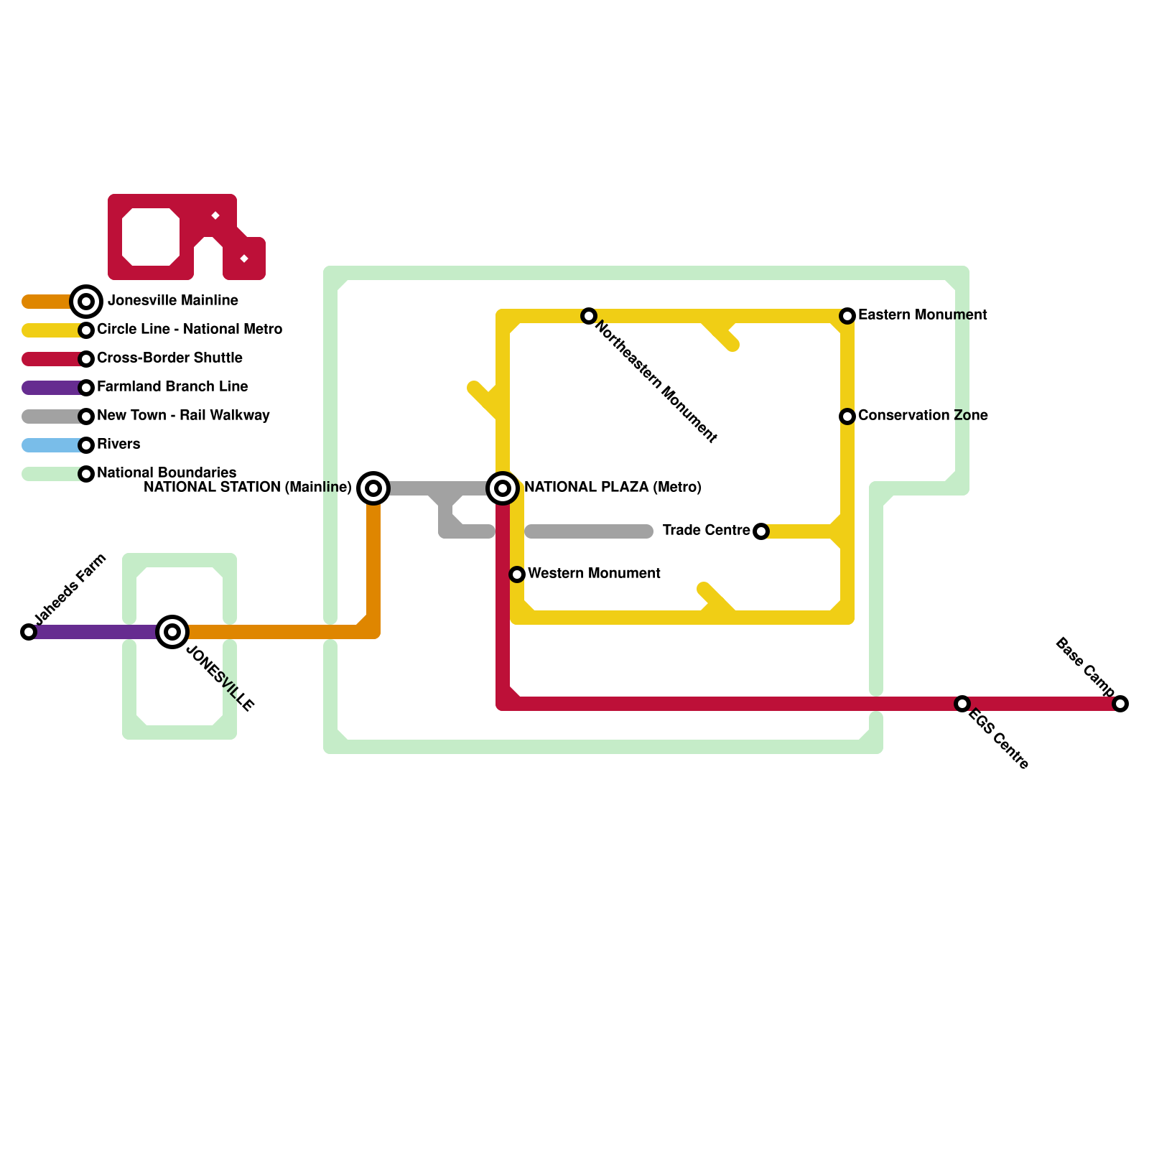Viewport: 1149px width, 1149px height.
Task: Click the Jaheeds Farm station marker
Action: tap(29, 632)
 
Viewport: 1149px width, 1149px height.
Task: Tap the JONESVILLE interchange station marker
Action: tap(172, 632)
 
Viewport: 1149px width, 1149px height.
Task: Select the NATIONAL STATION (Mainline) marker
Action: tap(373, 488)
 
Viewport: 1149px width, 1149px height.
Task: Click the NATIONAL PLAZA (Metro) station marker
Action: tap(503, 488)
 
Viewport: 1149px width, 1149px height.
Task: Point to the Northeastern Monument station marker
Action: tap(589, 316)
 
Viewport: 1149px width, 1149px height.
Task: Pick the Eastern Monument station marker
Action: tap(847, 316)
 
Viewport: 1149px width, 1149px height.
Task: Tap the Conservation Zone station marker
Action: tap(847, 417)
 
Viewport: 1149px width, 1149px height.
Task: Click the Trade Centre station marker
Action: tap(761, 531)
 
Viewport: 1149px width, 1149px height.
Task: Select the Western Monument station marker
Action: tap(517, 574)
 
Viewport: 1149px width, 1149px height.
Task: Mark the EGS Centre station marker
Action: tap(962, 704)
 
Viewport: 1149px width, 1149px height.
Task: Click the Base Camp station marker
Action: tap(1120, 704)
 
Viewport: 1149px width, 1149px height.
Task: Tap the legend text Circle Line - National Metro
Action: tap(190, 330)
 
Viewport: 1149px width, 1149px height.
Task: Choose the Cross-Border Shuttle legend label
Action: tap(169, 358)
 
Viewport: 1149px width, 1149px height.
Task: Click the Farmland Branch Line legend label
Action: tap(172, 387)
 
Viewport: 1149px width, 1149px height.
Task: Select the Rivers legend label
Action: tap(118, 445)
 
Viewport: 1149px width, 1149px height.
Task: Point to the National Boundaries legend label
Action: tap(167, 473)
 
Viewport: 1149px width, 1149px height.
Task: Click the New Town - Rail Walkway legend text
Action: tap(183, 416)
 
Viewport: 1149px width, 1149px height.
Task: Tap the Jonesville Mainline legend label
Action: tap(173, 301)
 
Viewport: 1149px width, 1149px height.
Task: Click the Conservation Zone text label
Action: tap(923, 416)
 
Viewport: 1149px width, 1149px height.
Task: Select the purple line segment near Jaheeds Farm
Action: tap(93, 632)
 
